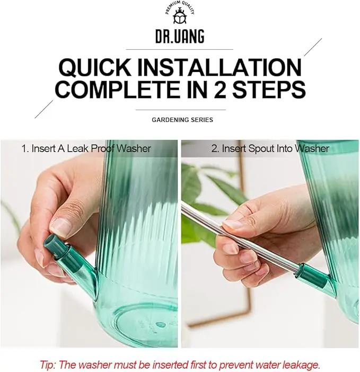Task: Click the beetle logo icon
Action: tap(180, 16)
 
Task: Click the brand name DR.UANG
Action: tap(180, 37)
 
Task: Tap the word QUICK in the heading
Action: tap(95, 67)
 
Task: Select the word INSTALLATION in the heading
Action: tap(219, 67)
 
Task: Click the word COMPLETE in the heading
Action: tap(118, 90)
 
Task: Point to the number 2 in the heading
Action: tap(219, 90)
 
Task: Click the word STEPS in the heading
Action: tap(269, 90)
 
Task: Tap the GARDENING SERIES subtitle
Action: tap(182, 120)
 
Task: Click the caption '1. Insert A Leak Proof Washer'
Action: tap(86, 149)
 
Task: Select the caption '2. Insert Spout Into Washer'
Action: tap(270, 149)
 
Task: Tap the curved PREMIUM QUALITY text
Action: tap(180, 7)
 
